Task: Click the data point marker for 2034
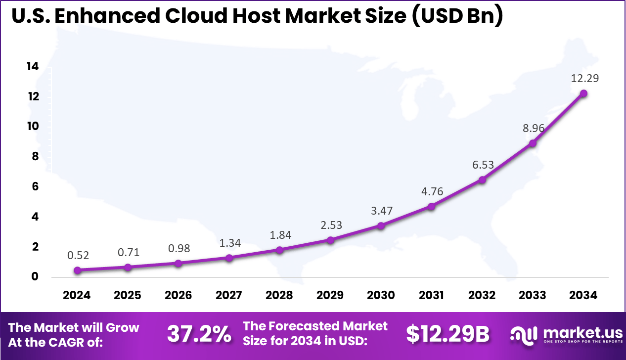point(583,93)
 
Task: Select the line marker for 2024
point(77,270)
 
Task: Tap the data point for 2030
point(381,225)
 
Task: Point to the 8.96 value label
point(533,128)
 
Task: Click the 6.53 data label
point(482,165)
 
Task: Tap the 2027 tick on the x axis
point(229,295)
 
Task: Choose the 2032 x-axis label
point(482,295)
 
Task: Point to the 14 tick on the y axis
point(33,66)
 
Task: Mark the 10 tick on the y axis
point(33,126)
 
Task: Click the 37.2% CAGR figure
point(199,334)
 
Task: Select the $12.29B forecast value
point(447,334)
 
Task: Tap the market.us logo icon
point(523,335)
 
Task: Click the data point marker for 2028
point(279,250)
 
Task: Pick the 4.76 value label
point(432,191)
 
